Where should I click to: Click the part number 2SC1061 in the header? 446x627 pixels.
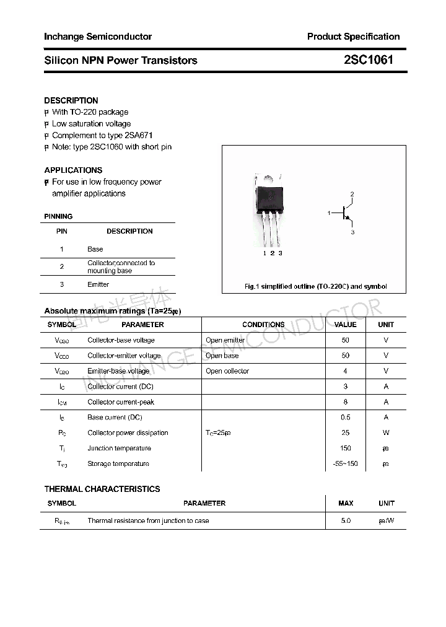coord(368,60)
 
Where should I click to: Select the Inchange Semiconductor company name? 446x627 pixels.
coord(98,37)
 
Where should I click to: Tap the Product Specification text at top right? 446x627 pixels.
coord(353,37)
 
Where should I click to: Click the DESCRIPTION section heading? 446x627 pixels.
coord(71,100)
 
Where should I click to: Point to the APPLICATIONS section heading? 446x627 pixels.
coord(73,170)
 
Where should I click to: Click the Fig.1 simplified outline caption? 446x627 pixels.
coord(315,286)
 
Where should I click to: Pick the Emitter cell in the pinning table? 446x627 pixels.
coord(98,284)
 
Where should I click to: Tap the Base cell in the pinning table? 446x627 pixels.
coord(95,249)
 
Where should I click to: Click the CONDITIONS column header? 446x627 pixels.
coord(263,325)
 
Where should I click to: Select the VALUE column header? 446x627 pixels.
coord(345,325)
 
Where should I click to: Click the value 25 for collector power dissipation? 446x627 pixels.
coord(345,432)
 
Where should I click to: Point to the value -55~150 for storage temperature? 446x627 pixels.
coord(345,463)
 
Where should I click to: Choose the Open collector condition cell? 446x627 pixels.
coord(227,371)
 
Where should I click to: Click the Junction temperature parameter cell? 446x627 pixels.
coord(119,448)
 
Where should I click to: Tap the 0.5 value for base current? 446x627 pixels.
coord(345,417)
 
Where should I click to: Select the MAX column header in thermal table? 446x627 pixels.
coord(346,503)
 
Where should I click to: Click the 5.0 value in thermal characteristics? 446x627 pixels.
coord(346,520)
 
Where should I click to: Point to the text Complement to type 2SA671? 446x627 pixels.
coord(102,135)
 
